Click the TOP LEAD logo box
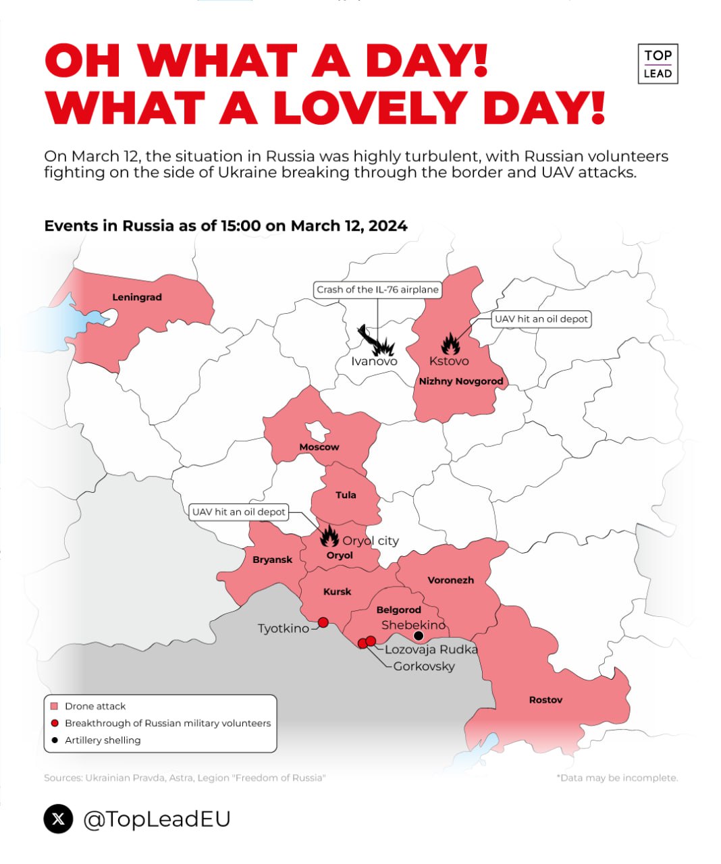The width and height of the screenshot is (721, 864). tap(658, 64)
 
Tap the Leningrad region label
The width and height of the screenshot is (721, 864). tap(137, 297)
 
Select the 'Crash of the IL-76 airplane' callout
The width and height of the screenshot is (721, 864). tap(377, 290)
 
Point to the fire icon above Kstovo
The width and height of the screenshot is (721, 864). tap(450, 344)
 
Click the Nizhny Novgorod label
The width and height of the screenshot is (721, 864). tap(461, 381)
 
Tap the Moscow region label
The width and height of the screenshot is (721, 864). tap(319, 447)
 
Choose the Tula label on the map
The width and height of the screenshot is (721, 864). tap(346, 495)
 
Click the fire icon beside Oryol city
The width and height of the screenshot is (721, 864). tap(329, 537)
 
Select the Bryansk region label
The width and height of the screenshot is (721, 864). tap(272, 560)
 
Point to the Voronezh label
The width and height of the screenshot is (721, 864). tap(451, 580)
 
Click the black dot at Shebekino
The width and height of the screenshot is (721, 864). tap(419, 636)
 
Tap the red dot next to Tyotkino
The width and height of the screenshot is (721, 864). tap(323, 622)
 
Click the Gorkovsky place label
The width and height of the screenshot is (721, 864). tap(424, 666)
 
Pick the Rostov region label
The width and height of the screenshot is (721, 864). tap(545, 700)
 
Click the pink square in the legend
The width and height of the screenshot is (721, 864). tap(55, 706)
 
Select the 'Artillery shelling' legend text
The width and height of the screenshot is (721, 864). tap(103, 740)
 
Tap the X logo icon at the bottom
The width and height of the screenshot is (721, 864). tap(59, 819)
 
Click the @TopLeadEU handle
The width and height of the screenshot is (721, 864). tap(157, 819)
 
